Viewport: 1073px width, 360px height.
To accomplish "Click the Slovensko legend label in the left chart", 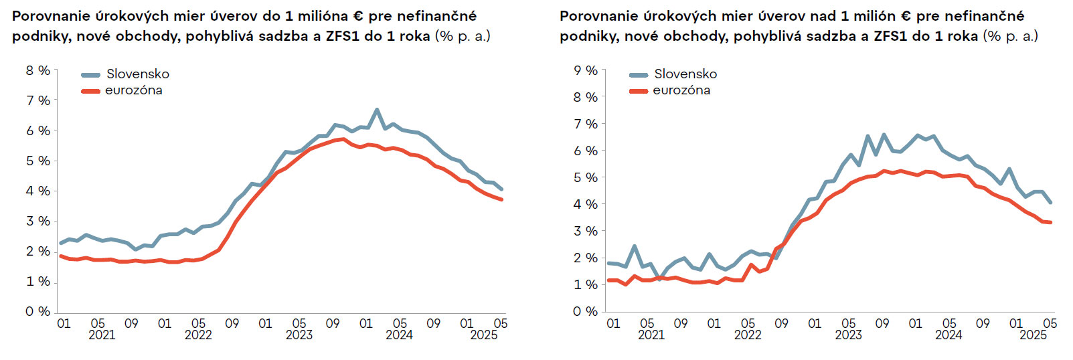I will pyautogui.click(x=137, y=74).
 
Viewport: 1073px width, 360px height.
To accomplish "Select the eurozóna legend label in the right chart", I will pyautogui.click(x=681, y=90).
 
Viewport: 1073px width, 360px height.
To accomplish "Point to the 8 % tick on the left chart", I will pyautogui.click(x=38, y=70).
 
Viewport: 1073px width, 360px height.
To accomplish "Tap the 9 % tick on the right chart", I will pyautogui.click(x=586, y=70).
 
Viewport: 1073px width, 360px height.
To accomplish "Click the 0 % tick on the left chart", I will pyautogui.click(x=38, y=311).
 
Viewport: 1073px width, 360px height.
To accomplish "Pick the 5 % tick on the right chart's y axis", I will pyautogui.click(x=586, y=177).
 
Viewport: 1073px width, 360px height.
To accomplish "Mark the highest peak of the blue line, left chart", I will pyautogui.click(x=377, y=110).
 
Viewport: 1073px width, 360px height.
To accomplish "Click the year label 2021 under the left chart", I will pyautogui.click(x=102, y=335).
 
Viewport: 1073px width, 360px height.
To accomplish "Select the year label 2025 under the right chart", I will pyautogui.click(x=1033, y=335).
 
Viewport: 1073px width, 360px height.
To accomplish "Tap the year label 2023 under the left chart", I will pyautogui.click(x=299, y=335).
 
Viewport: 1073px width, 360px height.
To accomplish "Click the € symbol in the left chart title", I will pyautogui.click(x=358, y=16).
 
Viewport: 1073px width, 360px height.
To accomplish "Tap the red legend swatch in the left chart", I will pyautogui.click(x=90, y=91).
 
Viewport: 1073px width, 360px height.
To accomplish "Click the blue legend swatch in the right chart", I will pyautogui.click(x=639, y=75).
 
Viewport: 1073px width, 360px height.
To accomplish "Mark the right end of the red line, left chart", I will pyautogui.click(x=501, y=199).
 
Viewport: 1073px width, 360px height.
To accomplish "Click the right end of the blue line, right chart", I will pyautogui.click(x=1050, y=202).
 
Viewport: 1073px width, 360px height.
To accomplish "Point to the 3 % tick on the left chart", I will pyautogui.click(x=38, y=221).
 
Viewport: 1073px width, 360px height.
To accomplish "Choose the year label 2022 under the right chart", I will pyautogui.click(x=748, y=335).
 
